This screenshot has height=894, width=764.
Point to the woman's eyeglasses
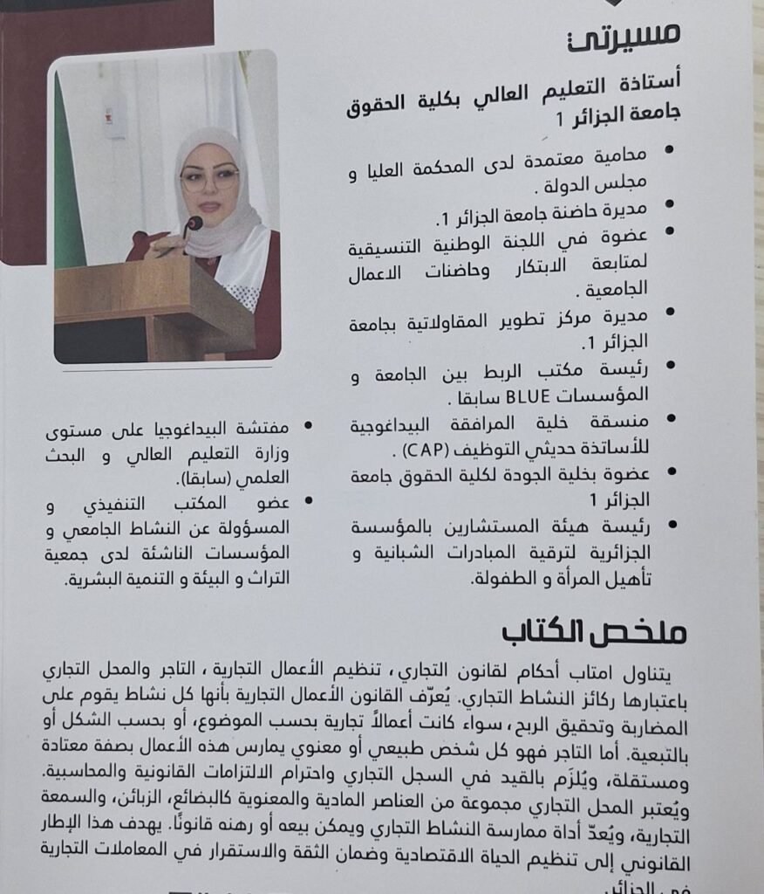pos(209,180)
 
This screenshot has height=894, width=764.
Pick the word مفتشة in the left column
pos(270,429)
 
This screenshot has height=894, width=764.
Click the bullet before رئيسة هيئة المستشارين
pos(671,526)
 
